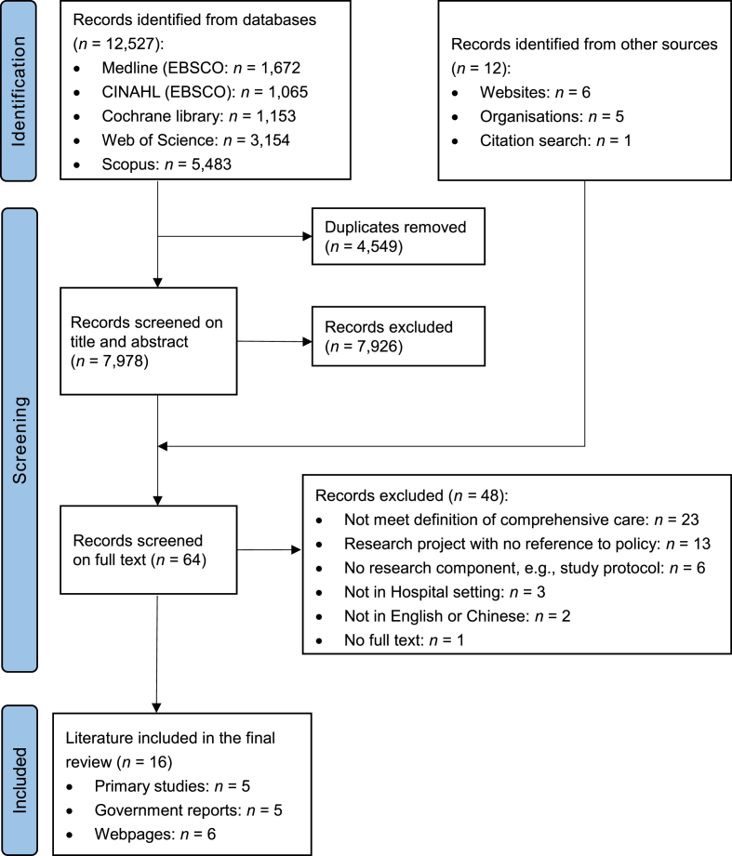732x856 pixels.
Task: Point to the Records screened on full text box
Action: [159, 548]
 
